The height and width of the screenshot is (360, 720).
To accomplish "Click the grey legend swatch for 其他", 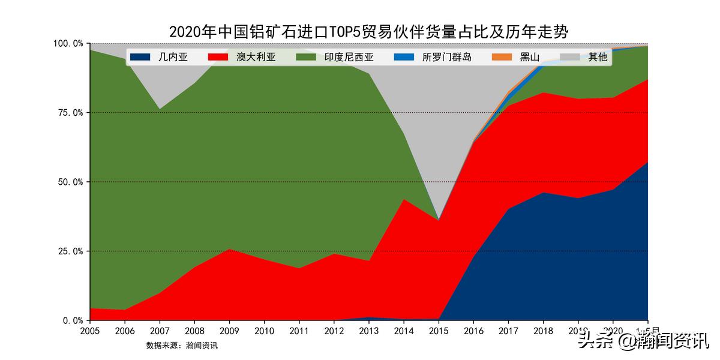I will click(x=569, y=58).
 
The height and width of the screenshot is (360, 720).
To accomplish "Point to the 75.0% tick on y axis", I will click(x=70, y=113).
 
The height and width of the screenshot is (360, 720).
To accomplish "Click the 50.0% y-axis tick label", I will click(x=70, y=182).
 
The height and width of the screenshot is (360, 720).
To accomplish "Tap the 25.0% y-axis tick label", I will click(x=70, y=251).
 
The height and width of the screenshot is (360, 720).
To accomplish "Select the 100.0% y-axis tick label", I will click(x=68, y=44).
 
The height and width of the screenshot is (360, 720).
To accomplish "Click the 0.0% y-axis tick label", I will click(x=72, y=320).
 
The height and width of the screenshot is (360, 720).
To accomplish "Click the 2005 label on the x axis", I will click(x=90, y=331).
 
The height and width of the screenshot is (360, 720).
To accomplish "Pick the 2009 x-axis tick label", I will click(x=229, y=331).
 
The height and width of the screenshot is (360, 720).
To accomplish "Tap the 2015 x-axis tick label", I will click(x=439, y=331).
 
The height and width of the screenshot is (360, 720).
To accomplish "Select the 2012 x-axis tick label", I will click(x=334, y=331).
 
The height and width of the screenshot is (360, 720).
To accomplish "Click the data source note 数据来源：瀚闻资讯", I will click(x=182, y=346).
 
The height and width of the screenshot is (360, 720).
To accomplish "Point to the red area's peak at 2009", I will click(x=229, y=249).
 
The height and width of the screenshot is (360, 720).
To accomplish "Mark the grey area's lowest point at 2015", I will click(x=439, y=220).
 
